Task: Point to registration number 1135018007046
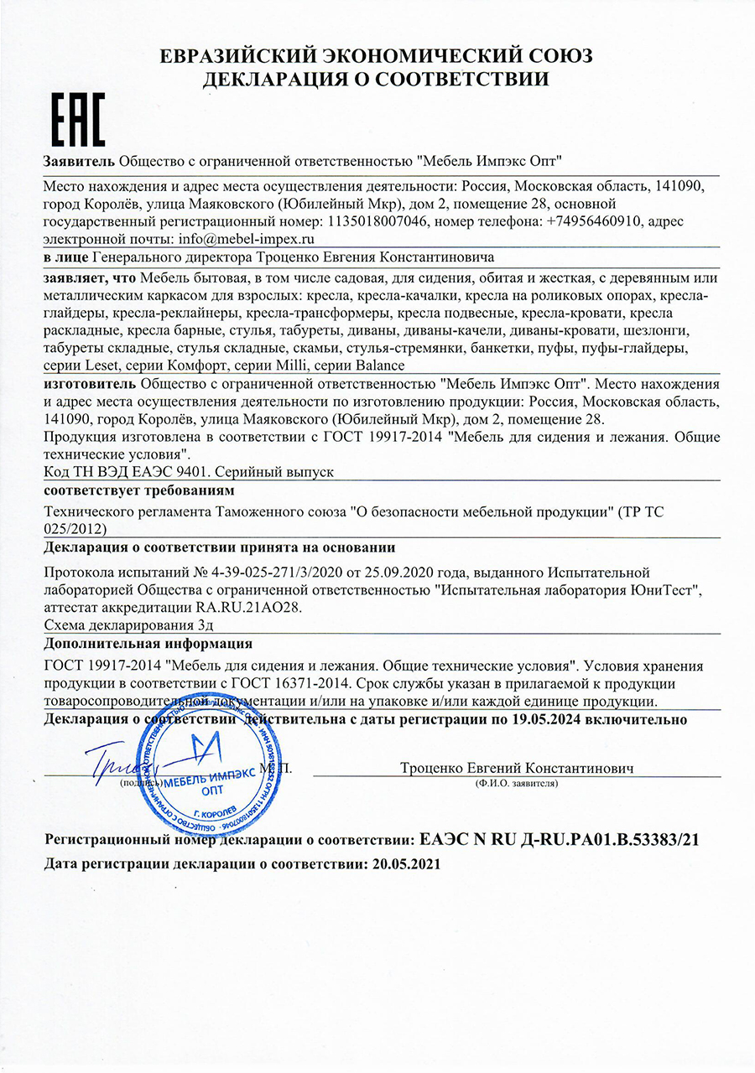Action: [373, 220]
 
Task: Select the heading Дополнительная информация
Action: [148, 644]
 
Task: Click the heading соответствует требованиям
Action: [138, 489]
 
